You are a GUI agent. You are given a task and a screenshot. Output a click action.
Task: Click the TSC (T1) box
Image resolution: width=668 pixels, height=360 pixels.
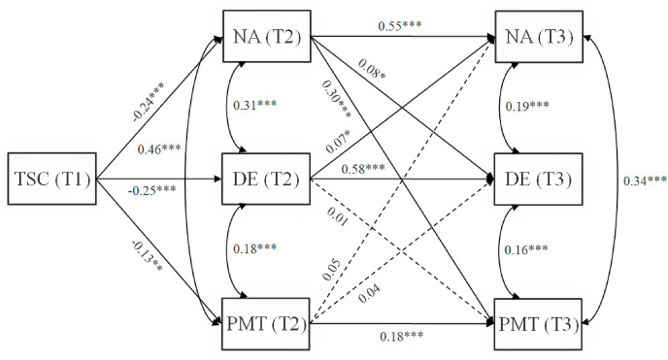[x=50, y=180]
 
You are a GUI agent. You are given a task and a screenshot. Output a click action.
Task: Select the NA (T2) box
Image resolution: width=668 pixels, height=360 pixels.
[x=266, y=39]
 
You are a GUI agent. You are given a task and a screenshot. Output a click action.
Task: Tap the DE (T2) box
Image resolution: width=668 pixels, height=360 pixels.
[x=266, y=180]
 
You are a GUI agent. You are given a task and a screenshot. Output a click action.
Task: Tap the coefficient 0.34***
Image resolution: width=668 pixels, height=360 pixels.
[x=643, y=180]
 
